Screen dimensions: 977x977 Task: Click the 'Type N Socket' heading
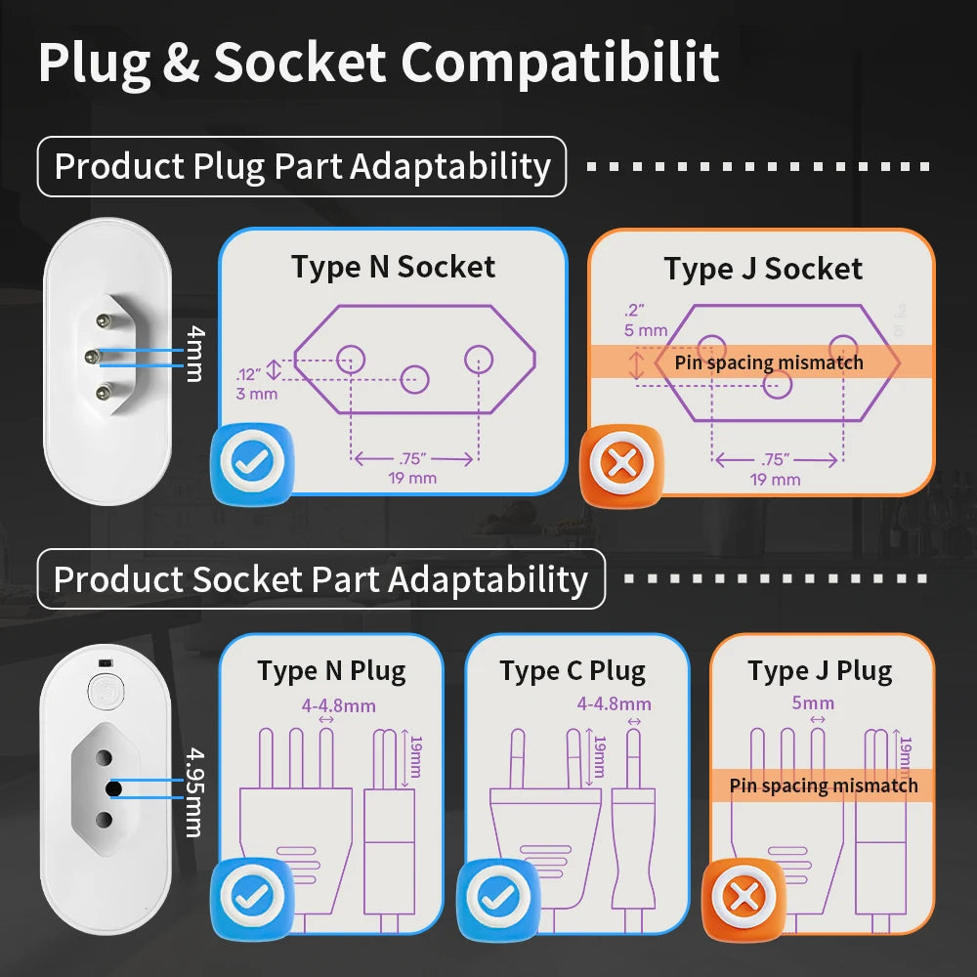(393, 268)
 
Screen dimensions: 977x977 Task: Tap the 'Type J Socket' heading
(763, 270)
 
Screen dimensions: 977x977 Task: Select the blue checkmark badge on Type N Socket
(252, 462)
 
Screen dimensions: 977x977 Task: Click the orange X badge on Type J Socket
(621, 463)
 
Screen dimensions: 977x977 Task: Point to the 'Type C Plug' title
(573, 671)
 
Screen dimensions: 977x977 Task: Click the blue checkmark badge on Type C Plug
(498, 897)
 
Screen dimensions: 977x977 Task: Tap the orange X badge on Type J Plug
(743, 897)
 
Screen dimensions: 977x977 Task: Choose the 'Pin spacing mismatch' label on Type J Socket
(769, 362)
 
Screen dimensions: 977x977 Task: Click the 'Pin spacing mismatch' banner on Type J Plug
(823, 786)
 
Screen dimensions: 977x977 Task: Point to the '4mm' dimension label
(195, 354)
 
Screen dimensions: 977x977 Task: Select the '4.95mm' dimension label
(195, 792)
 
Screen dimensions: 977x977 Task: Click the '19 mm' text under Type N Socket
(412, 478)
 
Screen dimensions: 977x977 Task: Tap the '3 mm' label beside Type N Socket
(257, 394)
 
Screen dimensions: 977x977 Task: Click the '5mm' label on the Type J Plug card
(813, 702)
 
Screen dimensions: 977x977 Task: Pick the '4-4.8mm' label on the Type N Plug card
(338, 706)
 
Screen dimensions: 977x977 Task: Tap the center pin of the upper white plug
(93, 357)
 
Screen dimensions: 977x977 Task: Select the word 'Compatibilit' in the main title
(560, 63)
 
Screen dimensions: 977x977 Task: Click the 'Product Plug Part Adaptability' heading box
(302, 166)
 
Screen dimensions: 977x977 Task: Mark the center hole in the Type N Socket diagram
(414, 379)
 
